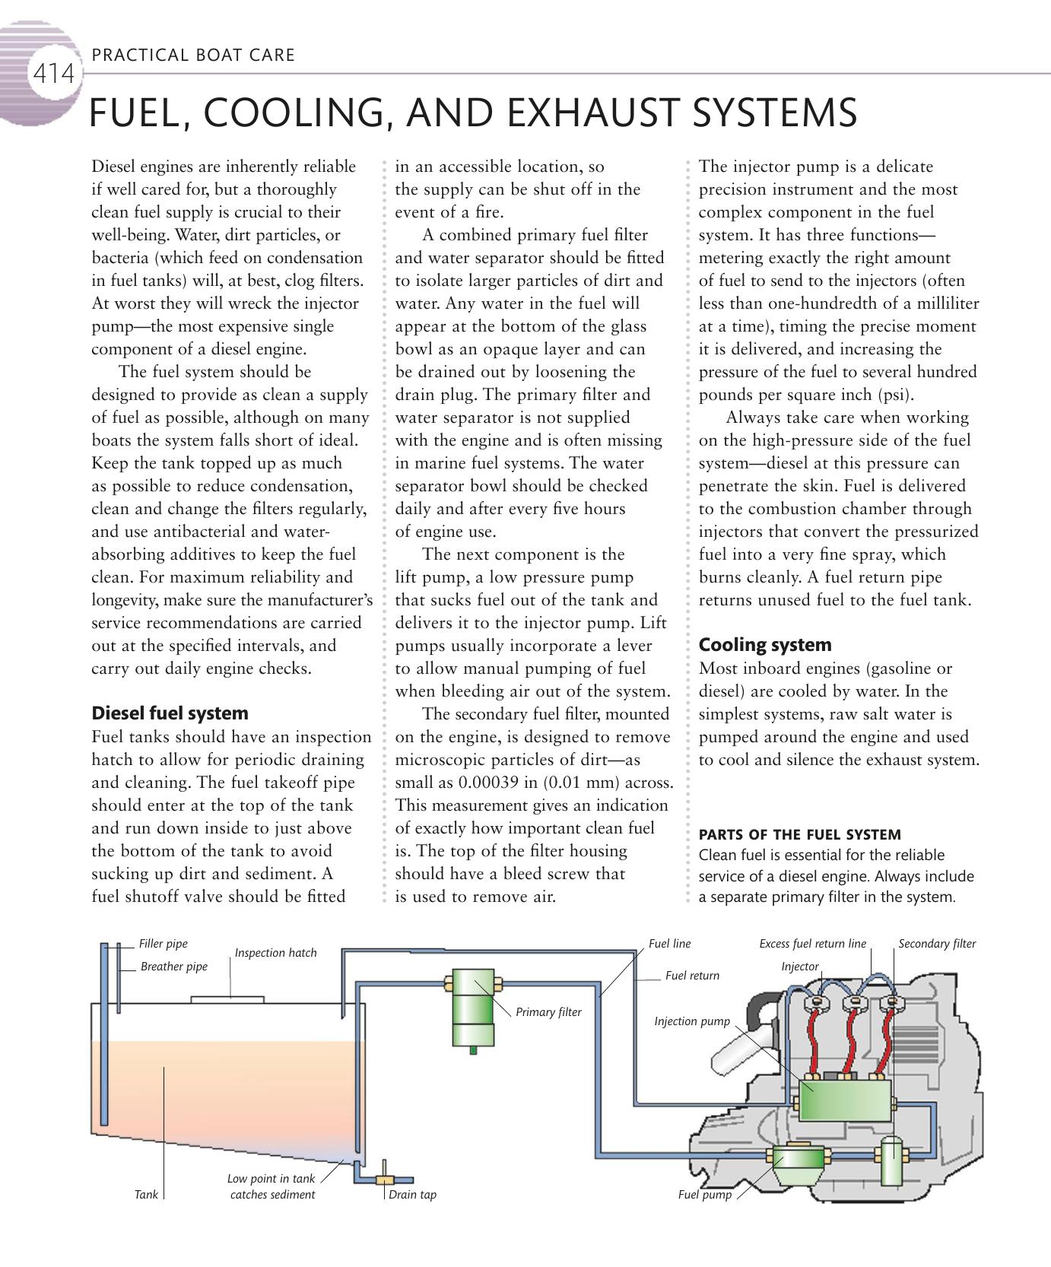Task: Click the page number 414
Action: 53,75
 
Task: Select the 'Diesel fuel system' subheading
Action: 170,713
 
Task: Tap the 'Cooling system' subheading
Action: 765,645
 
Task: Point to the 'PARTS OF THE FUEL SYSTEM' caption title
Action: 799,834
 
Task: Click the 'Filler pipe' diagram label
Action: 163,944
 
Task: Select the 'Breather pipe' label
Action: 173,967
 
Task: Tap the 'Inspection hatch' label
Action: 275,953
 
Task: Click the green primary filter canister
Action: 473,1009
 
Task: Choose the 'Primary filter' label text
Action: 548,1012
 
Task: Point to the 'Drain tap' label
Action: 412,1195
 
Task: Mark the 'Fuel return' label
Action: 692,976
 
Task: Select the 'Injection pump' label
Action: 691,1021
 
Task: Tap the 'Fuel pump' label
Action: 704,1195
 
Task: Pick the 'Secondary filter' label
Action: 937,944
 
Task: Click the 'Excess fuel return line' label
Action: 812,944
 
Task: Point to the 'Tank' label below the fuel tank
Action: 146,1195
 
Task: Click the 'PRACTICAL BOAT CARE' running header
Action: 192,55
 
